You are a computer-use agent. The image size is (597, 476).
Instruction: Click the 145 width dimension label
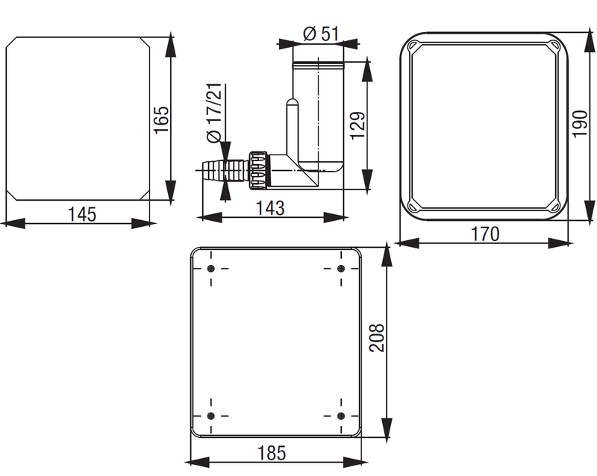click(82, 214)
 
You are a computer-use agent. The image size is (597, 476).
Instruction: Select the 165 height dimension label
click(161, 119)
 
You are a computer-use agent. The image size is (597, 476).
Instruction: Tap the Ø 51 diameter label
click(321, 34)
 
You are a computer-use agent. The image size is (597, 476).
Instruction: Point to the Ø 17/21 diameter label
click(214, 113)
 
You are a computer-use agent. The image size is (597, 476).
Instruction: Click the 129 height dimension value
click(357, 125)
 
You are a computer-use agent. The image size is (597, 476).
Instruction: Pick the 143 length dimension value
click(270, 208)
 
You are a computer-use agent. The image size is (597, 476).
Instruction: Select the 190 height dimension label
click(580, 124)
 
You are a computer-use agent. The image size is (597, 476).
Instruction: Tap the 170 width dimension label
click(485, 234)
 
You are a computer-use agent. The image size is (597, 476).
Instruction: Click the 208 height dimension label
click(377, 337)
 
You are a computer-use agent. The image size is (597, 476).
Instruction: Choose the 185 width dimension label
click(272, 453)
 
